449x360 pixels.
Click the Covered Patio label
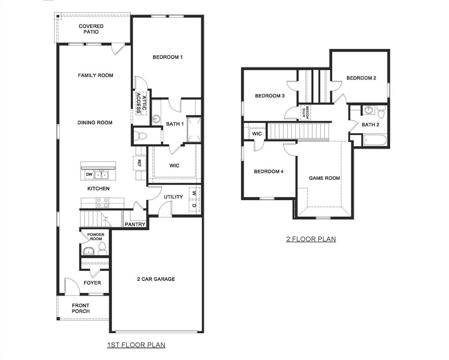click(91, 30)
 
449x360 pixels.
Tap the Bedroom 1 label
click(167, 57)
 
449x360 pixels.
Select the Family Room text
click(95, 75)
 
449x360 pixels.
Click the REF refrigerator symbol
click(139, 164)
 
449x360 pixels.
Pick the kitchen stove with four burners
click(102, 202)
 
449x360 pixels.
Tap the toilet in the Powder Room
click(103, 248)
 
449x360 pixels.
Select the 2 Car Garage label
click(156, 279)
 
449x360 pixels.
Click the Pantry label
click(135, 225)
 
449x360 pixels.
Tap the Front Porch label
click(81, 308)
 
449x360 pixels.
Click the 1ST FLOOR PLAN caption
click(136, 345)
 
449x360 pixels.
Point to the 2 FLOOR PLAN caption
click(311, 239)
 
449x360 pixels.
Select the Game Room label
click(324, 178)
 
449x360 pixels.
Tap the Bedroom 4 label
click(269, 172)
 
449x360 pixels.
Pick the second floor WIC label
click(257, 134)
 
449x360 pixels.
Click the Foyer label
click(92, 283)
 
